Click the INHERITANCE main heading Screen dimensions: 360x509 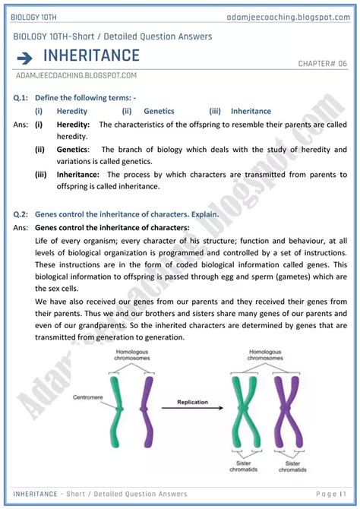[91, 55]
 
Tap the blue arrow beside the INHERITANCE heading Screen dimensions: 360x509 [24, 57]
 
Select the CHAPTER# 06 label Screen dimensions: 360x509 [321, 64]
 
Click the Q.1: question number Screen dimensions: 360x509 [22, 98]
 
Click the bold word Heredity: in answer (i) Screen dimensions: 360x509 [74, 124]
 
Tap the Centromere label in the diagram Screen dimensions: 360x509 [81, 396]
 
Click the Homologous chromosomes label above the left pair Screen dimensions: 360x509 [130, 356]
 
